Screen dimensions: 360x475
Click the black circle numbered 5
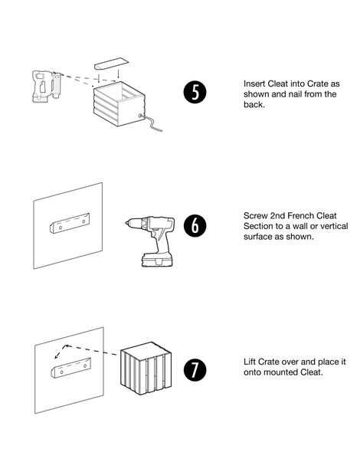195,92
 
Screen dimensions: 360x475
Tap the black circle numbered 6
195,226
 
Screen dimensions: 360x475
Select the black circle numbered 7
195,370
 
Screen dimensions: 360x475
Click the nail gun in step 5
46,86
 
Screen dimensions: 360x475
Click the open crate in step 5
119,103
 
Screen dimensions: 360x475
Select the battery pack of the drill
157,260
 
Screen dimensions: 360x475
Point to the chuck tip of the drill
127,223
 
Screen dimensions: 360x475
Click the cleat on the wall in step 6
70,223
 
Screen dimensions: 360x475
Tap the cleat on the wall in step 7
70,368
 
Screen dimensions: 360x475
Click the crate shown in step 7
146,369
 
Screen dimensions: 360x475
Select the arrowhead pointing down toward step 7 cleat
57,357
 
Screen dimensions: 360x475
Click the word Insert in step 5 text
254,84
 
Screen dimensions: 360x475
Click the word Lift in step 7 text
250,362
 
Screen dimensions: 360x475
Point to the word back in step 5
254,104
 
